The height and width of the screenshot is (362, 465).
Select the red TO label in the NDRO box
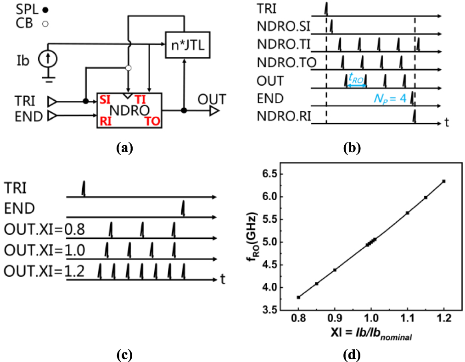click(153, 121)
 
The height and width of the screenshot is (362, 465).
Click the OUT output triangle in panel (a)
click(214, 110)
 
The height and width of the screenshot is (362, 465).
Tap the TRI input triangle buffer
click(54, 100)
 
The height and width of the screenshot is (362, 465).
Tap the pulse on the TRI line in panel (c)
click(84, 188)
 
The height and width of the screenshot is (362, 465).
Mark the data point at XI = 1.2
click(444, 181)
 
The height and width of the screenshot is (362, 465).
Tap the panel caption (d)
click(353, 354)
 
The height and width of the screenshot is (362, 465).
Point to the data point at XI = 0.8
click(299, 297)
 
